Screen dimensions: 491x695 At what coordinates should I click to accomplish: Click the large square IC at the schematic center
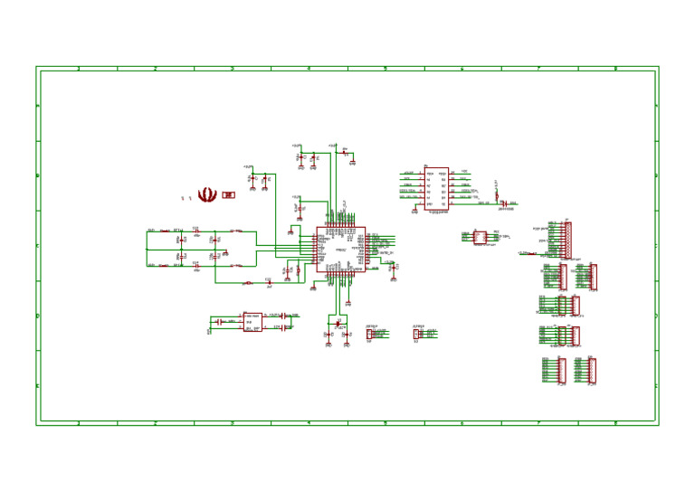pos(340,247)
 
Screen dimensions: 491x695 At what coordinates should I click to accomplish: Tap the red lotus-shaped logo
pos(207,194)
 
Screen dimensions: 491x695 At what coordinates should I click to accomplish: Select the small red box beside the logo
pos(228,194)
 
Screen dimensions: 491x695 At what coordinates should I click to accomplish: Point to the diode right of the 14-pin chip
pos(503,203)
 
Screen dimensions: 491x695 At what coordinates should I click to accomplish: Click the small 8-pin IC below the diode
pos(481,238)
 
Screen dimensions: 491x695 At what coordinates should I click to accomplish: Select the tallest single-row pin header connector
pos(566,240)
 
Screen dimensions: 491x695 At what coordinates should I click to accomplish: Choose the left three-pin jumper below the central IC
pos(369,334)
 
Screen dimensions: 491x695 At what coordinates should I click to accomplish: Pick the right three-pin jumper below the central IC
pos(416,334)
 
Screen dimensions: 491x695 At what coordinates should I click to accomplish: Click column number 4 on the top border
pos(309,69)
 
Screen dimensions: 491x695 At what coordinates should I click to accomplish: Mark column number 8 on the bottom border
pos(615,422)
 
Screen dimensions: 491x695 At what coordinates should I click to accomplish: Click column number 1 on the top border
pos(79,69)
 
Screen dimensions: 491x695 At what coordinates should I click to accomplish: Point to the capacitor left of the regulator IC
pos(218,322)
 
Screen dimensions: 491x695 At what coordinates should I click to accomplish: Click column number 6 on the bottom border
pos(462,422)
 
